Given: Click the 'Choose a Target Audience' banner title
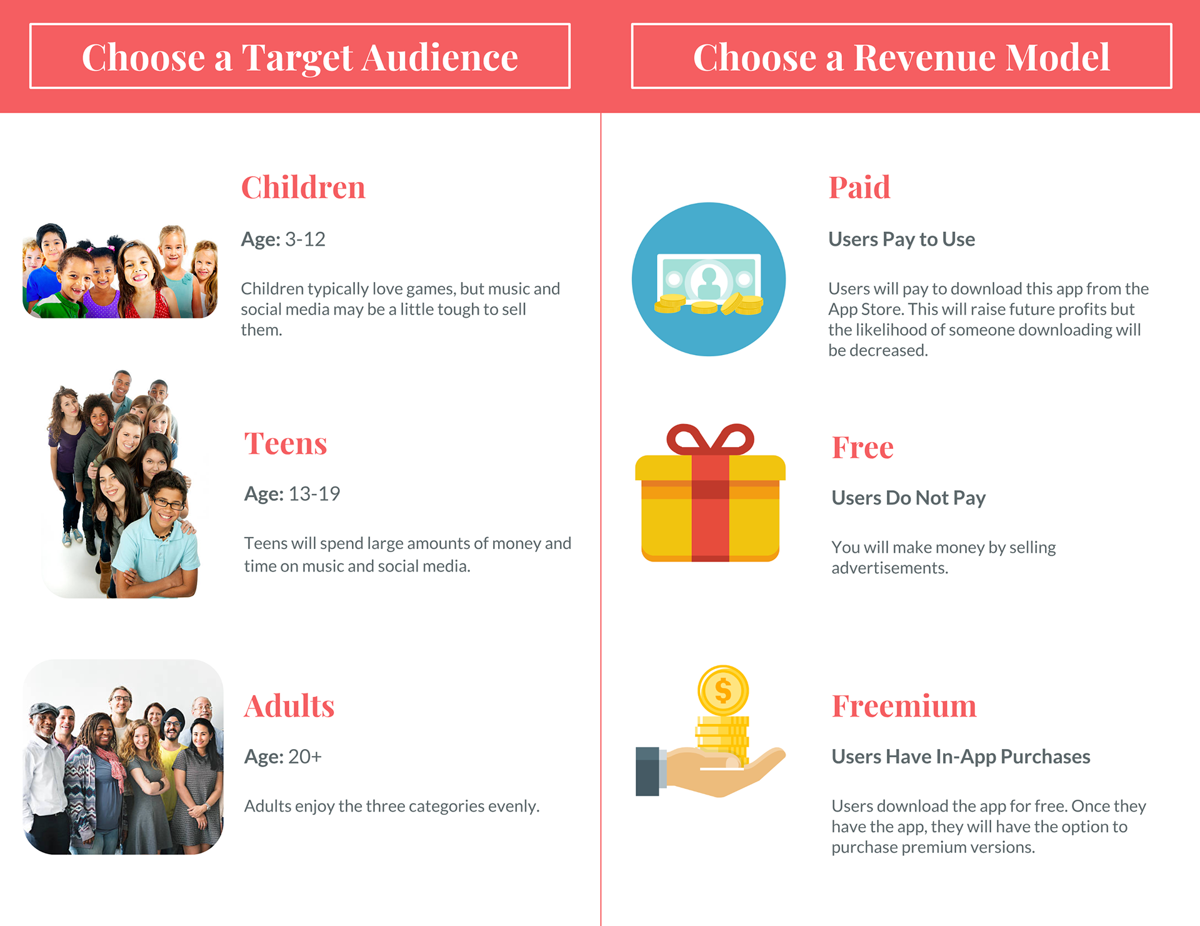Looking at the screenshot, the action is click(300, 57).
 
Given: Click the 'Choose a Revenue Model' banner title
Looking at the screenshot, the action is click(901, 57).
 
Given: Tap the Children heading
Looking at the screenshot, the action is click(303, 187).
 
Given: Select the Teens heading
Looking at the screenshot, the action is click(286, 443).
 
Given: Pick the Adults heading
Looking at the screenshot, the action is click(289, 706).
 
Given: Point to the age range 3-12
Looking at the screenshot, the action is click(305, 239).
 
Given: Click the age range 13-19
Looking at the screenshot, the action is click(314, 493).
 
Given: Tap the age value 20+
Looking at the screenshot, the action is click(305, 757).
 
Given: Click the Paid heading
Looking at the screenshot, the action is click(859, 187).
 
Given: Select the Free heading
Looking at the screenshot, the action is click(862, 447).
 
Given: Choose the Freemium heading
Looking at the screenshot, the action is click(904, 706).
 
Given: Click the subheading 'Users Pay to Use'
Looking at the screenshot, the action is click(901, 239).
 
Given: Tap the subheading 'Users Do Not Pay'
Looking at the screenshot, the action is click(908, 498).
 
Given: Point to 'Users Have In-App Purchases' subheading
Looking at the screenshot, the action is click(961, 757).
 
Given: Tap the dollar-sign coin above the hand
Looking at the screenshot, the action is click(723, 690).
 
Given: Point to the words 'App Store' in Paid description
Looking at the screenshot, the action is click(866, 309).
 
